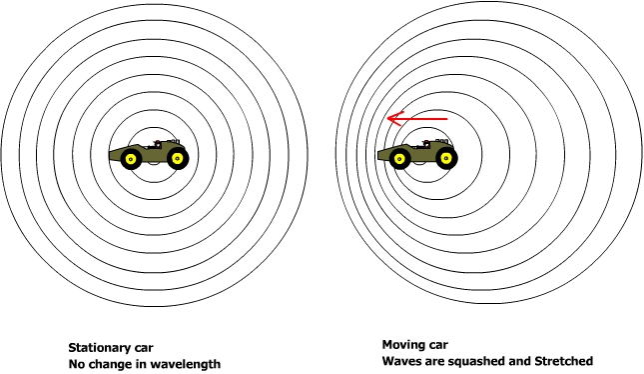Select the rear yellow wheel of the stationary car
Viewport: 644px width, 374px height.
point(178,159)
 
